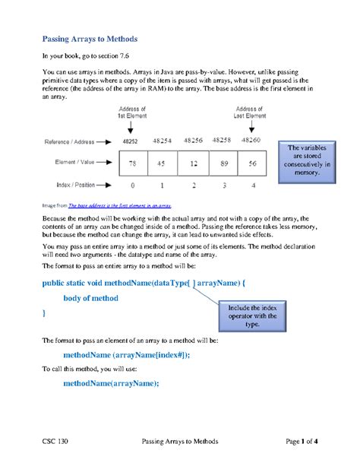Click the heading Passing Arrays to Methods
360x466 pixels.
click(90, 38)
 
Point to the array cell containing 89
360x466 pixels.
click(223, 163)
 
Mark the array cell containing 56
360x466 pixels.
click(252, 163)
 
